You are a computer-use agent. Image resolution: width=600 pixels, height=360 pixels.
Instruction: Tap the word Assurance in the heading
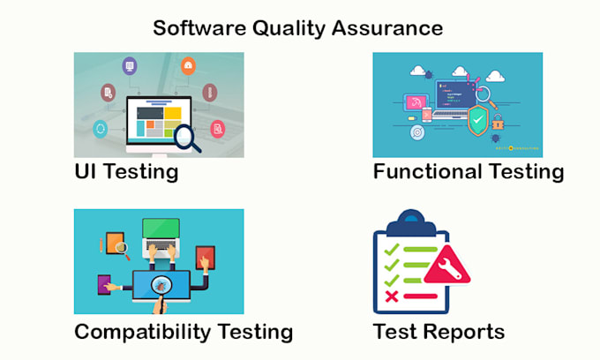click(x=387, y=28)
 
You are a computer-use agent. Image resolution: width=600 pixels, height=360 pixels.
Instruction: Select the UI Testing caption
click(x=127, y=171)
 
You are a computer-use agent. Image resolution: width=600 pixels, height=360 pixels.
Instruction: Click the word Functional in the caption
click(x=427, y=171)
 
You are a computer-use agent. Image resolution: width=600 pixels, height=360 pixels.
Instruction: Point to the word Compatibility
click(x=142, y=332)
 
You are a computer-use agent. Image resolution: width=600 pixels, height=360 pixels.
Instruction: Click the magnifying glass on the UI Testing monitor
click(x=186, y=138)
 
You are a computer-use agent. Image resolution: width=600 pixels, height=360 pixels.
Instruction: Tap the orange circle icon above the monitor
click(x=188, y=66)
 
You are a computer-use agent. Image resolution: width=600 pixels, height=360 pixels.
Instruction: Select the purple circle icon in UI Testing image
click(x=130, y=66)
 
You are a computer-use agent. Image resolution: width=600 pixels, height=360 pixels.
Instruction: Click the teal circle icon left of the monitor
click(x=101, y=129)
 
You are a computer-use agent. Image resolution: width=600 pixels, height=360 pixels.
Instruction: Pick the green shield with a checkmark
click(x=478, y=120)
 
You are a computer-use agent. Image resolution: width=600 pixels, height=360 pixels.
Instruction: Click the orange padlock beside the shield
click(x=498, y=123)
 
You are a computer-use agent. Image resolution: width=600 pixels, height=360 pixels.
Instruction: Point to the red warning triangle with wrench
click(x=447, y=266)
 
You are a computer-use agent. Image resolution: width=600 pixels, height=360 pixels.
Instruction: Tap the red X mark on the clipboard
click(x=392, y=296)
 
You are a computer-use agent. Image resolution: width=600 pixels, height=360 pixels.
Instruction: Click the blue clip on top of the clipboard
click(x=410, y=222)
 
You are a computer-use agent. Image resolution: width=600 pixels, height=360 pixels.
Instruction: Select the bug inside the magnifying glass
click(x=161, y=286)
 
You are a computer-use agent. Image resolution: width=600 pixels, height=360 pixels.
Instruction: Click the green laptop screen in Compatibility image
click(x=161, y=229)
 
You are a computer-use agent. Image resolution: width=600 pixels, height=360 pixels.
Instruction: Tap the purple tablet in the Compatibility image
click(x=104, y=285)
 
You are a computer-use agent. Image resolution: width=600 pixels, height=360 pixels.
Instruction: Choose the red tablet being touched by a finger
click(x=205, y=258)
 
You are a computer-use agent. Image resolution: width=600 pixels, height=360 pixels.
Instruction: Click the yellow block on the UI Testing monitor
click(x=173, y=113)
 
